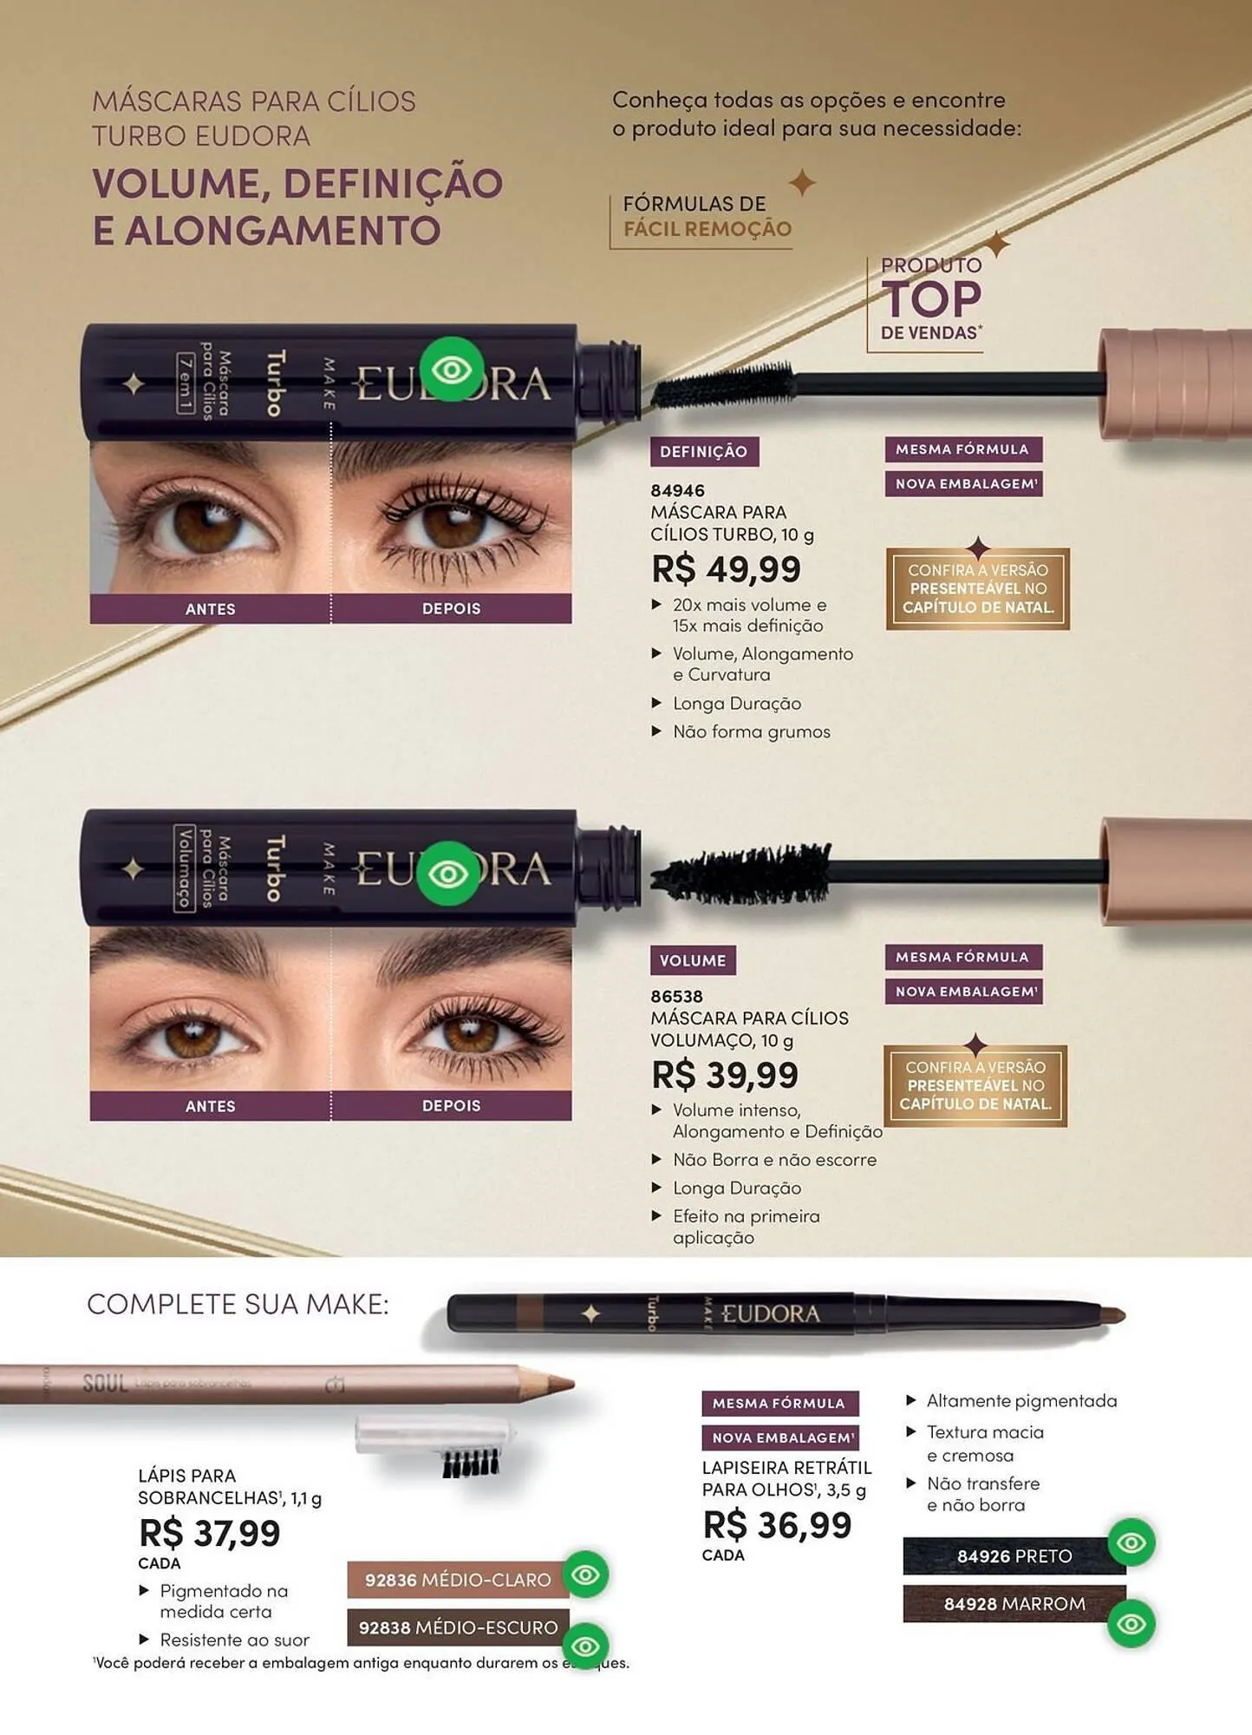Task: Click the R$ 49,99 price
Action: [x=727, y=569]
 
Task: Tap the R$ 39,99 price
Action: [x=725, y=1075]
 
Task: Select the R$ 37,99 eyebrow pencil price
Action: [x=210, y=1533]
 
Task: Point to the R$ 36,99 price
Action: [x=778, y=1524]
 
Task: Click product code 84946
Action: [x=678, y=490]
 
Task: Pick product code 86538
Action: [x=677, y=997]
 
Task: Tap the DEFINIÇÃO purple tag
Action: [x=704, y=451]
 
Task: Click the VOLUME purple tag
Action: [x=693, y=960]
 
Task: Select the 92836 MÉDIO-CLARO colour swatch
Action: [x=458, y=1580]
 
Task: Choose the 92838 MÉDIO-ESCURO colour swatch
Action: [x=458, y=1627]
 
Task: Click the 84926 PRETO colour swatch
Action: [x=1014, y=1556]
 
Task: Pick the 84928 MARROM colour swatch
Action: [x=1014, y=1604]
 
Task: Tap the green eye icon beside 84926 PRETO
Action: [x=1131, y=1542]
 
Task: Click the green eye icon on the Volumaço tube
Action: [x=448, y=874]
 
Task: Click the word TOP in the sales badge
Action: [x=931, y=300]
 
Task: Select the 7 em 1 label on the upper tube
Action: [x=185, y=383]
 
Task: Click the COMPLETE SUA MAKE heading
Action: [x=238, y=1304]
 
